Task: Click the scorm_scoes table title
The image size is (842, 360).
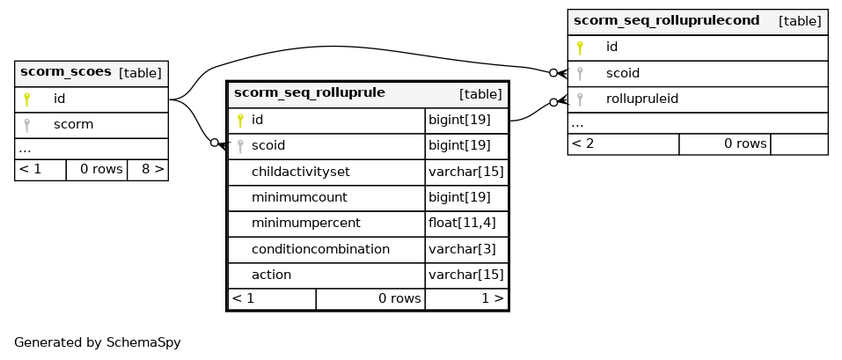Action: tap(65, 71)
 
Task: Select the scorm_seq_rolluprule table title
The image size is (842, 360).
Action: tap(310, 92)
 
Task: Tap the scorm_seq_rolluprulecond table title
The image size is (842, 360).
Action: tap(666, 20)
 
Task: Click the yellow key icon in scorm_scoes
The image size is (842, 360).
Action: tap(27, 99)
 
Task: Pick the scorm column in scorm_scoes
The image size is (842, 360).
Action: tap(74, 125)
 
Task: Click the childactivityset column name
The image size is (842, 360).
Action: tap(301, 172)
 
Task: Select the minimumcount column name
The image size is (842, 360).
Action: tap(299, 198)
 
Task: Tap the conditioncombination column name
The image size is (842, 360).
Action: tap(320, 249)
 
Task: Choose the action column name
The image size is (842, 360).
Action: tap(271, 276)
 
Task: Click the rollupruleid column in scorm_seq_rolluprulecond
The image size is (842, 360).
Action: tap(642, 99)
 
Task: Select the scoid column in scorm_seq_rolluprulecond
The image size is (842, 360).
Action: tap(623, 73)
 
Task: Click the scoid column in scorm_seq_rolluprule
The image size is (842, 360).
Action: tap(268, 145)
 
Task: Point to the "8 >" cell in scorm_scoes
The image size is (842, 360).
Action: tap(152, 169)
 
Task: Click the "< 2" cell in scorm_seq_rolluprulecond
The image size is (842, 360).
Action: tap(582, 143)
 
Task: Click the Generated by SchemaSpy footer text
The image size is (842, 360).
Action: tap(97, 342)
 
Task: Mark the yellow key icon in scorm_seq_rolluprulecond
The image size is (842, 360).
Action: tap(580, 48)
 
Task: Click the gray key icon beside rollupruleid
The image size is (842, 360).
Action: tap(580, 99)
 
